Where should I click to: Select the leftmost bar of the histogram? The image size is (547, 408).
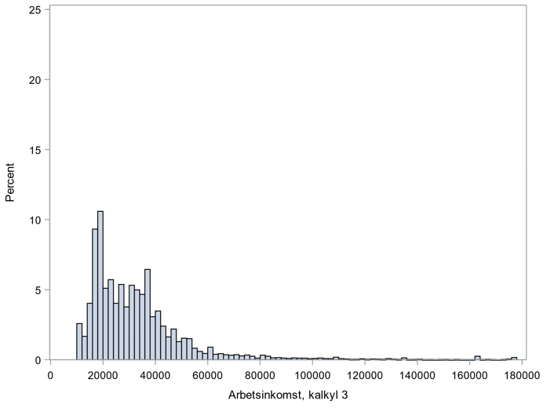[79, 342]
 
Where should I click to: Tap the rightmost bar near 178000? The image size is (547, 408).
[514, 358]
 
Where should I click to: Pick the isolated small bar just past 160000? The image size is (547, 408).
[477, 358]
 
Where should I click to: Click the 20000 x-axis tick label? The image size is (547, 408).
[103, 374]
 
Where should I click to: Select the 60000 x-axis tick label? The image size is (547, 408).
[208, 374]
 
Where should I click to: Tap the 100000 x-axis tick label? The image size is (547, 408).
[312, 374]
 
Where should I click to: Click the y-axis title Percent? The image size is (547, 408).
[10, 184]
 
